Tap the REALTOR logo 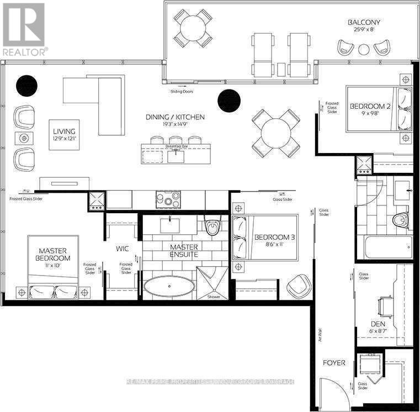click(23, 28)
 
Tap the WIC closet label click(121, 249)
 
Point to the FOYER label click(334, 363)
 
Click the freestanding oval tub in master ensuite click(169, 287)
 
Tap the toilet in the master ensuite click(212, 227)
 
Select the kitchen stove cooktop click(168, 198)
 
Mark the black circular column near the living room click(26, 85)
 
